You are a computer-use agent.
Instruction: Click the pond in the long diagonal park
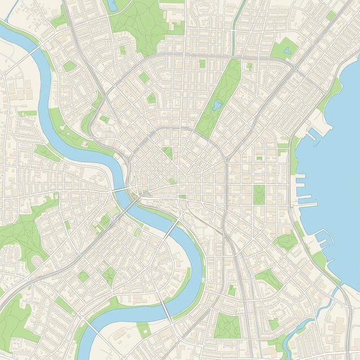(x=217, y=105)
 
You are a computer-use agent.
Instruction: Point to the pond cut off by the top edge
(x=112, y=4)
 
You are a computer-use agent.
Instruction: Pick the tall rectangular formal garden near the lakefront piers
(x=259, y=195)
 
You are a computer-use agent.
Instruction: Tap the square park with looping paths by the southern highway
(x=227, y=326)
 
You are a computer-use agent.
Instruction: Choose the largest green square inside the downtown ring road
(x=168, y=152)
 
